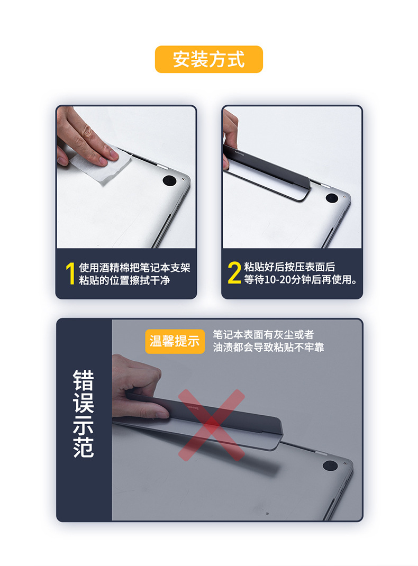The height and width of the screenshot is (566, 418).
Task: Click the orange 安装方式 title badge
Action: pyautogui.click(x=208, y=59)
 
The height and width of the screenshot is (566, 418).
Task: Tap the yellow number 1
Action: pyautogui.click(x=70, y=273)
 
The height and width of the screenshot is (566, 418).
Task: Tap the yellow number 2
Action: pyautogui.click(x=234, y=273)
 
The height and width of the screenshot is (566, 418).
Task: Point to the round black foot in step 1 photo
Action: pyautogui.click(x=169, y=180)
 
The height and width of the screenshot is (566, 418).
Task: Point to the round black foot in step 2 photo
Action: pyautogui.click(x=332, y=198)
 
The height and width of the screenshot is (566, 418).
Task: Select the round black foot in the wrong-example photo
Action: pyautogui.click(x=330, y=465)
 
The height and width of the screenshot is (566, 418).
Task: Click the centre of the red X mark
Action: pyautogui.click(x=212, y=425)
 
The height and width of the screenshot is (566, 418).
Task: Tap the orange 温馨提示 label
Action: pyautogui.click(x=175, y=341)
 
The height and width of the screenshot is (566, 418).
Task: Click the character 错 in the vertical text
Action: pyautogui.click(x=84, y=380)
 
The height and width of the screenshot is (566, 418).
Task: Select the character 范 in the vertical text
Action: pyautogui.click(x=84, y=448)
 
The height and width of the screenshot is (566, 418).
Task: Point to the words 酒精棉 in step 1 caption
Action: pyautogui.click(x=114, y=268)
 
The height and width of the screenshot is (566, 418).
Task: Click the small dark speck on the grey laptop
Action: pyautogui.click(x=268, y=513)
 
